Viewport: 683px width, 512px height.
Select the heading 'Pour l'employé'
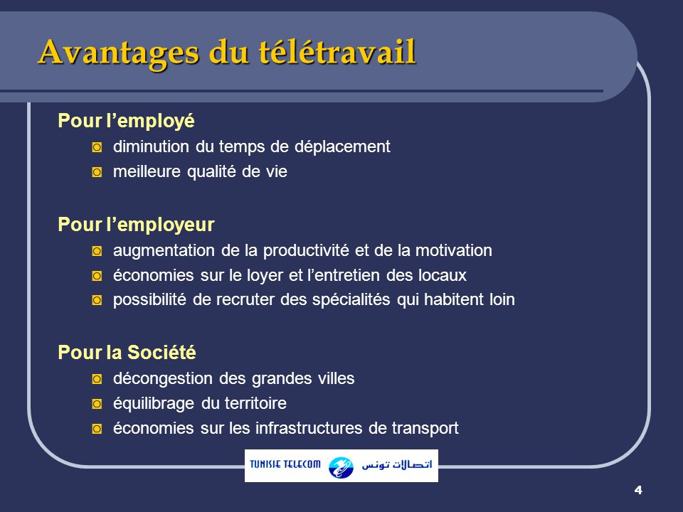click(126, 121)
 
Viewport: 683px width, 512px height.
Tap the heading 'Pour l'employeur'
click(136, 225)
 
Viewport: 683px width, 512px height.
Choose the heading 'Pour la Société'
click(127, 353)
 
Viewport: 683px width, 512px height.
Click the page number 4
click(637, 490)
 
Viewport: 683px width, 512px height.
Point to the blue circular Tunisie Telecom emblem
click(341, 466)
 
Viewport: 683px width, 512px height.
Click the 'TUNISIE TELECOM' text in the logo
click(285, 465)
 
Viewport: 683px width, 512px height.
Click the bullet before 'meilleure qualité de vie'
click(97, 173)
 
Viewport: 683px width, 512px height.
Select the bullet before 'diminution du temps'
click(97, 147)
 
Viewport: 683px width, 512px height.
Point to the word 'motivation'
click(455, 251)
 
